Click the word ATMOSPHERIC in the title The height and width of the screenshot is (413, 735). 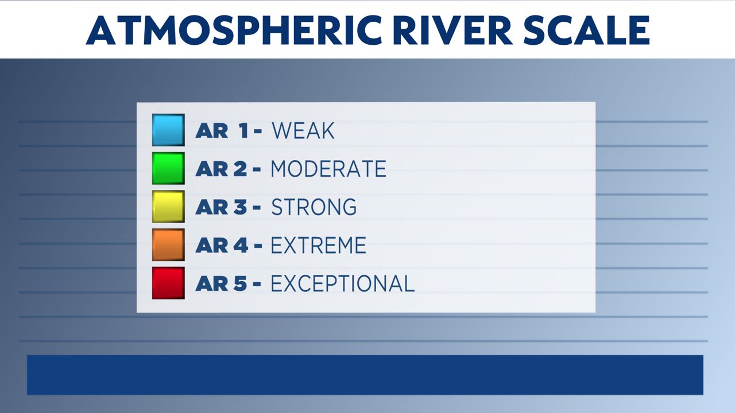[234, 30]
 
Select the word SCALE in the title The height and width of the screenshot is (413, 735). [587, 30]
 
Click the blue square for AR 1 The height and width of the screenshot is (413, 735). [168, 130]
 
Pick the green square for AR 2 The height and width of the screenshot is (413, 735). [168, 168]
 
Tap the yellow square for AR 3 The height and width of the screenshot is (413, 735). [168, 206]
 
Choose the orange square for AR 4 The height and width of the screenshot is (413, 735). [168, 245]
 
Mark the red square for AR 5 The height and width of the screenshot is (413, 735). [168, 283]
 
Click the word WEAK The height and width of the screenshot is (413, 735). [303, 131]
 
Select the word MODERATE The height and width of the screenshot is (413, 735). [328, 169]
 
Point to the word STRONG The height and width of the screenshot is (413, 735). [314, 207]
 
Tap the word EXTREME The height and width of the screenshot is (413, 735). [318, 245]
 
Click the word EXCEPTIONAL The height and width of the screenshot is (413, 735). [343, 283]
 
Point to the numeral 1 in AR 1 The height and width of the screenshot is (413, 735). [244, 131]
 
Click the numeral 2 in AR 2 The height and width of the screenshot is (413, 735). [239, 169]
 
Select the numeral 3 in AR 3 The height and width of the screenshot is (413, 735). [239, 207]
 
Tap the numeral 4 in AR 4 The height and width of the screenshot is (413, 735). [240, 245]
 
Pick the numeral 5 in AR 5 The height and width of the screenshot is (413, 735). [239, 283]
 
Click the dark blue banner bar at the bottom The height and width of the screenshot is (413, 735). [365, 375]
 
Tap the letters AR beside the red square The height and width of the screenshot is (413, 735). [212, 283]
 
